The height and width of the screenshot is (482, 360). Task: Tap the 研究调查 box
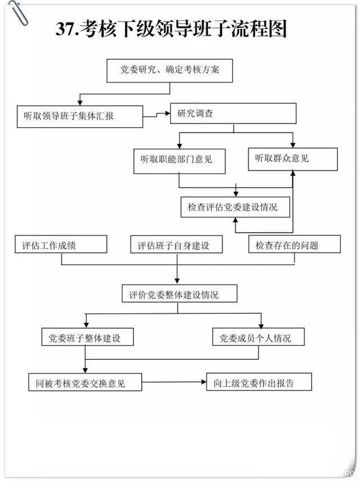coord(233,114)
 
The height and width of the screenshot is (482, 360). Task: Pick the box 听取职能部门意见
coord(179,160)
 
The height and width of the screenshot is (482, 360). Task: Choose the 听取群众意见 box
coord(293,159)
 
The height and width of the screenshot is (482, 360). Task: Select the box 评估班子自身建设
coord(177,245)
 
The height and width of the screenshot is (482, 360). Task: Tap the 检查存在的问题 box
coord(295,245)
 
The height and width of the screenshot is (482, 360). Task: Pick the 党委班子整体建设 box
coord(84,337)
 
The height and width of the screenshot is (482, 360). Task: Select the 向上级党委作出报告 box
coord(259,382)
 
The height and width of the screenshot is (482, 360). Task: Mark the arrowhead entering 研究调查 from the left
coord(167,114)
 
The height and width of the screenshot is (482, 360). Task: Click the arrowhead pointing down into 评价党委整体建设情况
coord(178,281)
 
